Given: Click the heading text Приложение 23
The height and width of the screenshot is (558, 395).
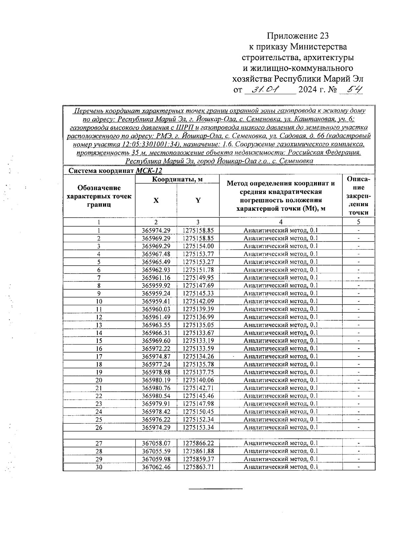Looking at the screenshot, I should [x=298, y=36].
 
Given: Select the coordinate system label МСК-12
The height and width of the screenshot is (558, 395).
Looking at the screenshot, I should [x=149, y=171].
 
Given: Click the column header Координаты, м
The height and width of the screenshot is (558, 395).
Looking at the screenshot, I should [x=177, y=179].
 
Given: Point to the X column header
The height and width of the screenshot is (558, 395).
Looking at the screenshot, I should [x=156, y=200].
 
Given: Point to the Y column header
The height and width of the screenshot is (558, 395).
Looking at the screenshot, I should [x=198, y=200].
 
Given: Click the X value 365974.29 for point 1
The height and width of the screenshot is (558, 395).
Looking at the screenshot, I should [x=156, y=230].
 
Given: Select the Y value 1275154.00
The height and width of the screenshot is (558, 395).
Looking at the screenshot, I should [x=198, y=246].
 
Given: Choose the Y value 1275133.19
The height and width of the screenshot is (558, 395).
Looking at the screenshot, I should [x=198, y=341].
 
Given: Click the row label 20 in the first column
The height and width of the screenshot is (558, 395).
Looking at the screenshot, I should [x=99, y=380].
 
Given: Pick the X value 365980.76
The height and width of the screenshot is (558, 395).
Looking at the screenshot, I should [x=156, y=388].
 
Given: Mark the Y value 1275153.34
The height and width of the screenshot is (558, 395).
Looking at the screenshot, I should [x=198, y=427].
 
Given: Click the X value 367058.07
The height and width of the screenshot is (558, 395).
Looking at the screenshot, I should [x=156, y=443].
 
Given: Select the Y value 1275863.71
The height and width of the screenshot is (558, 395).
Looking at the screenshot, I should [x=198, y=467].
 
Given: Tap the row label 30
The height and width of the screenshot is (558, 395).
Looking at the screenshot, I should [x=99, y=467].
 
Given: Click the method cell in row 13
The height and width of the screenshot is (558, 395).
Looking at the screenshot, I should [x=280, y=325].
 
